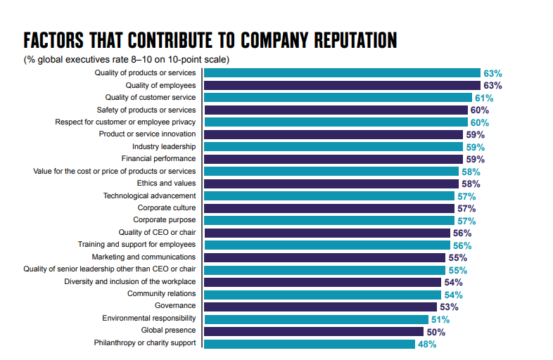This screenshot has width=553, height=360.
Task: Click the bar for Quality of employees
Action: coord(342,85)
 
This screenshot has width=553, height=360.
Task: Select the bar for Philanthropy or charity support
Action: coord(310,344)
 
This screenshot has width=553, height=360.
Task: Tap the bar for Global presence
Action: coord(314,331)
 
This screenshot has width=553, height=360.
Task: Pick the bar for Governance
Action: coord(320,307)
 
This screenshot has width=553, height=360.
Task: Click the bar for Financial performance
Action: coord(333,159)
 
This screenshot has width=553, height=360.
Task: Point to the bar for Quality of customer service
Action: coord(338,98)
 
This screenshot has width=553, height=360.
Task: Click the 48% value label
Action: coord(426,344)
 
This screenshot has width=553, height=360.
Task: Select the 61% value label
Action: coord(483,98)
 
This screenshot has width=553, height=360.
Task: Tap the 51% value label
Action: coord(440,319)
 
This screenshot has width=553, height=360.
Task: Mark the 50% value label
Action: coord(436,331)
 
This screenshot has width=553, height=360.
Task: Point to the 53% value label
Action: coord(448,307)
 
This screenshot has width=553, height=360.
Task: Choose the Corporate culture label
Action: coord(167,208)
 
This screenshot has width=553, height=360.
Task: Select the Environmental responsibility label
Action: coord(149,318)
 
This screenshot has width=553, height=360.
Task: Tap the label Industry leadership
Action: coord(164,146)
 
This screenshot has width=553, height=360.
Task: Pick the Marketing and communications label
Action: coord(144,257)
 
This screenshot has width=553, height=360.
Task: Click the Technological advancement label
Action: coord(150,195)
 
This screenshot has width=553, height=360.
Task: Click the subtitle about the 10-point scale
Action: coord(126,59)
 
